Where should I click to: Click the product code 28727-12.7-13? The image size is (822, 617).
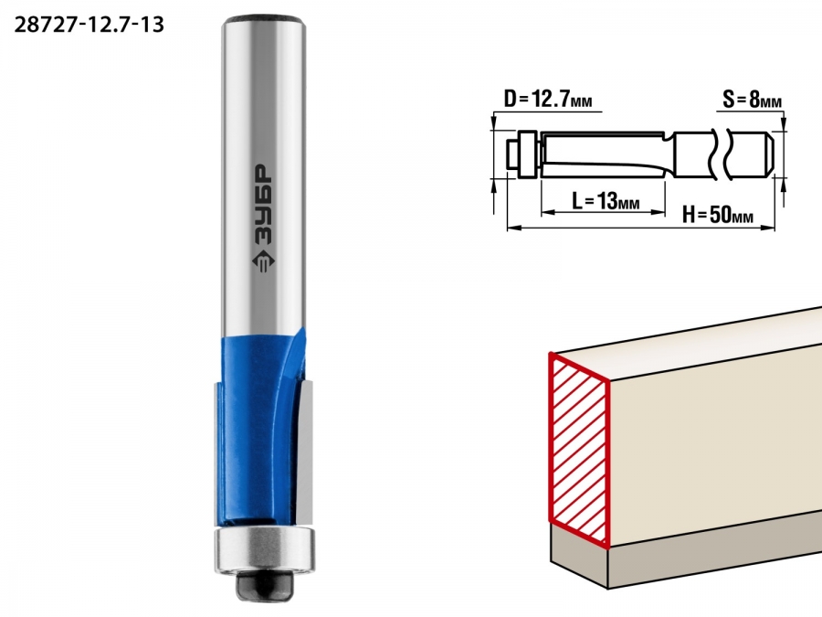pos(90,25)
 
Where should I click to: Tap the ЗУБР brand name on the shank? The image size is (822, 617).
pos(263,205)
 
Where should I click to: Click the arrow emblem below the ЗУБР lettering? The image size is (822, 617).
pos(263,261)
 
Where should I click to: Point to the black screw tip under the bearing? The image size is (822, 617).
pos(264,586)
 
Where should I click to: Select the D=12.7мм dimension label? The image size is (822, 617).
pos(548,99)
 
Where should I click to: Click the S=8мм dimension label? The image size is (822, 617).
pos(752,98)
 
